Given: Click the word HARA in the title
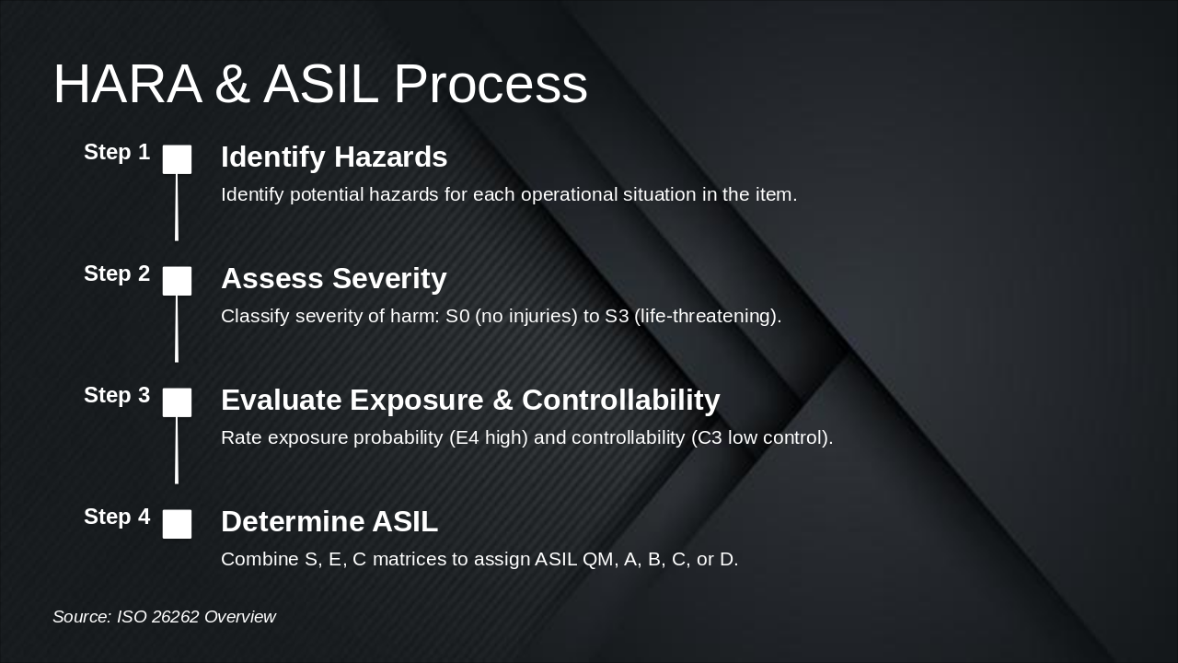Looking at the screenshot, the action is coord(128,84).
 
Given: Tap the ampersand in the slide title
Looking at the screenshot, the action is coord(232,84).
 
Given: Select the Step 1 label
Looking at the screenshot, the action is coord(117,152).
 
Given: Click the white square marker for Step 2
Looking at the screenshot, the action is coord(177,281).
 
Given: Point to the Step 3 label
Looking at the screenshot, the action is coord(117,395).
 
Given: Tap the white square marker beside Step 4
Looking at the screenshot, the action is coord(177,524).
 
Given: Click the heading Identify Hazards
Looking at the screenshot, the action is coord(334,157).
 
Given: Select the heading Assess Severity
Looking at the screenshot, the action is coord(334,279).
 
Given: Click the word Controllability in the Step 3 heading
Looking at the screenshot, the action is coord(620,401).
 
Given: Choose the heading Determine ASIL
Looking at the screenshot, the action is coord(329,521).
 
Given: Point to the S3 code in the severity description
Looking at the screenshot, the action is coord(617,316).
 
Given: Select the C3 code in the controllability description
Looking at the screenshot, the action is coord(710,437).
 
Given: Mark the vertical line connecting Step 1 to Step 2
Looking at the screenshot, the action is coord(177,207).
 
